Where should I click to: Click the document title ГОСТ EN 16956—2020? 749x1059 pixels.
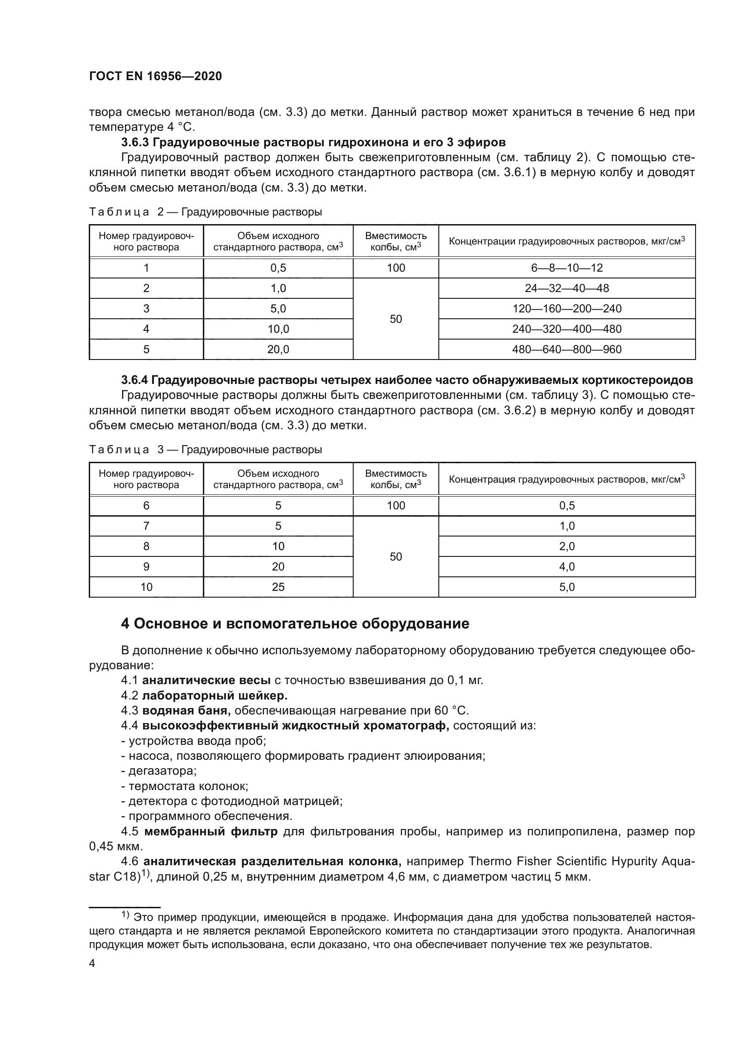coord(155,76)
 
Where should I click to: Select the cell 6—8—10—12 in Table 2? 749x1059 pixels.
coord(567,268)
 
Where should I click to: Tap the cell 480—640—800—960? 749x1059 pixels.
coord(567,349)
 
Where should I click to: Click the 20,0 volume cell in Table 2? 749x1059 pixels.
coord(278,349)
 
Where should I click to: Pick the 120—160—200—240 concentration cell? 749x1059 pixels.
coord(567,309)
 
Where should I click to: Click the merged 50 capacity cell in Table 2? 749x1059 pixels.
coord(396,319)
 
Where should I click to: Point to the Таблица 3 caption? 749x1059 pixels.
coord(205,449)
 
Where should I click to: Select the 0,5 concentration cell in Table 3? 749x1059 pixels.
coord(567,506)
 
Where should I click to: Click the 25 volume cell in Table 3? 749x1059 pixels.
coord(278,587)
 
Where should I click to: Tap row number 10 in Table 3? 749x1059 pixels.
coord(146,587)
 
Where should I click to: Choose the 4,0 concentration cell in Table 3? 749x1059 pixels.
coord(567,566)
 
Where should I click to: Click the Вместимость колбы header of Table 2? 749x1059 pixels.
coord(396,241)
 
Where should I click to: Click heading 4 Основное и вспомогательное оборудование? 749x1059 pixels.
coord(295,624)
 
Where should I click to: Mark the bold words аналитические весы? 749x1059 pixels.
coord(206,680)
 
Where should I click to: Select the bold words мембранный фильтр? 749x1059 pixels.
coord(211,832)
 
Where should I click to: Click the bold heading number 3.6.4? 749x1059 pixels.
coord(134,380)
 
